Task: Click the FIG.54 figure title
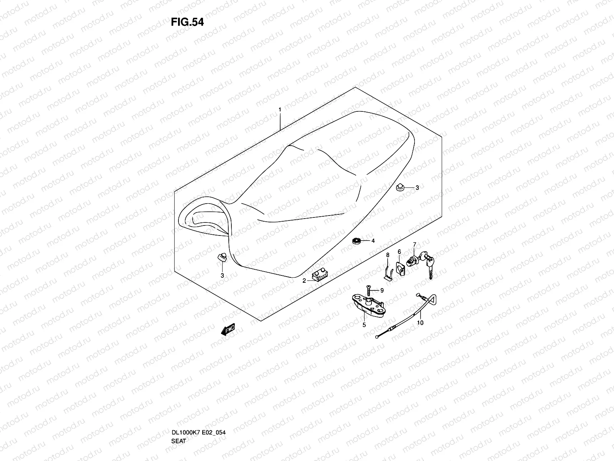click(x=187, y=22)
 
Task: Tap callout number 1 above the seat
click(x=280, y=109)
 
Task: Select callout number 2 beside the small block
click(x=304, y=281)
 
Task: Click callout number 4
click(x=372, y=241)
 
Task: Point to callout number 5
click(x=364, y=325)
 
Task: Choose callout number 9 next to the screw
click(x=382, y=290)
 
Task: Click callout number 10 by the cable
click(x=420, y=323)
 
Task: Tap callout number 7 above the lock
click(x=414, y=244)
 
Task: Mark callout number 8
click(x=388, y=255)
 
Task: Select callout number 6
click(x=399, y=252)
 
